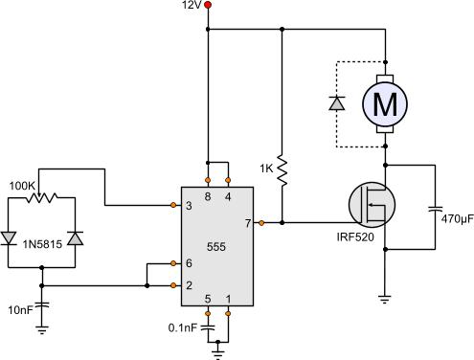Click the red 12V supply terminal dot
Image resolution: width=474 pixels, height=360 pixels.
(x=208, y=7)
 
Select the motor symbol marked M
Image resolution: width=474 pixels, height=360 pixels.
(x=384, y=104)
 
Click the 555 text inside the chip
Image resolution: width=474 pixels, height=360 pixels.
(x=216, y=246)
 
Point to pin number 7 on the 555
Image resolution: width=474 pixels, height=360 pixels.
(x=247, y=224)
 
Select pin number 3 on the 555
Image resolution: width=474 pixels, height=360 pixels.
(x=188, y=206)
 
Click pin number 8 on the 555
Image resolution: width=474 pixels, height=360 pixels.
(x=207, y=195)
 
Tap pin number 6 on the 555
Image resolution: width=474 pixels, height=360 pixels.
(x=188, y=264)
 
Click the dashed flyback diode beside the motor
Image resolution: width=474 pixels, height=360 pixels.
(x=336, y=103)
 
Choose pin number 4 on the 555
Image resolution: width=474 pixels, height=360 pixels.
(x=228, y=195)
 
